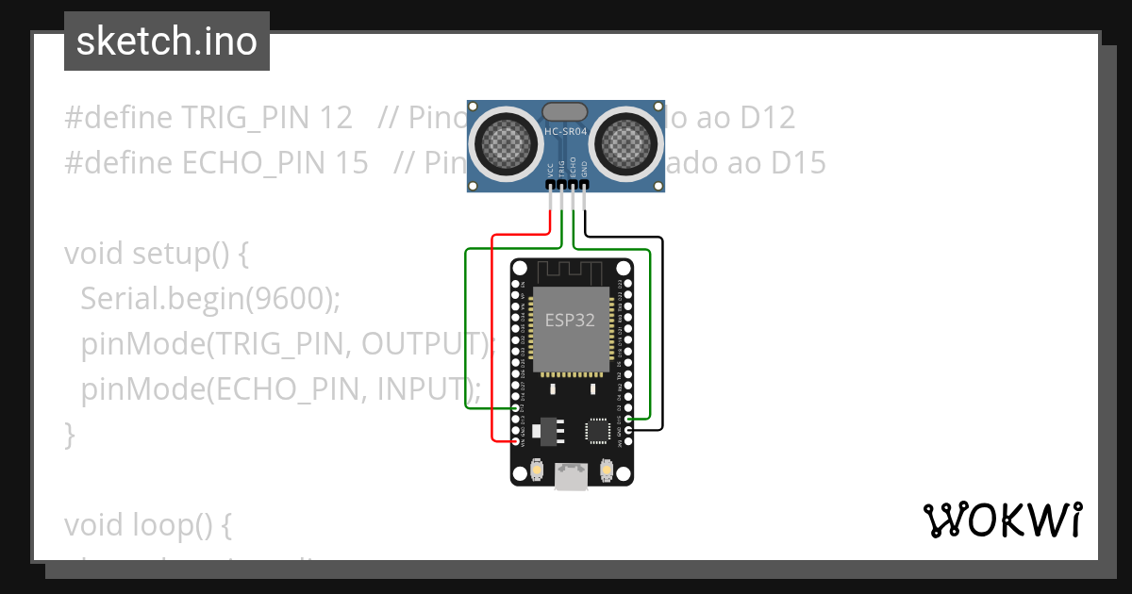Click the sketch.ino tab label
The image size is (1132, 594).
pyautogui.click(x=166, y=41)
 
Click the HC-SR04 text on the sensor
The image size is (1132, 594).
pyautogui.click(x=566, y=132)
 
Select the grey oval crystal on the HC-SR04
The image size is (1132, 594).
pyautogui.click(x=566, y=112)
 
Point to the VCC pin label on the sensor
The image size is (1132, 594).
pyautogui.click(x=550, y=170)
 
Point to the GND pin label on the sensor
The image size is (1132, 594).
pyautogui.click(x=584, y=170)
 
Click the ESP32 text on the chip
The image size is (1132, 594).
pyautogui.click(x=570, y=320)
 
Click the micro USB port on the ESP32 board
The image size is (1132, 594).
pyautogui.click(x=571, y=477)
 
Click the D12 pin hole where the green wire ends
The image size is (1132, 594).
pyautogui.click(x=516, y=408)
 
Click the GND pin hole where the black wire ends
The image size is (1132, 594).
pyautogui.click(x=628, y=430)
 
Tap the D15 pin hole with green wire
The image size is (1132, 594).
pyautogui.click(x=628, y=419)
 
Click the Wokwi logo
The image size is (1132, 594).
pyautogui.click(x=1002, y=520)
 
